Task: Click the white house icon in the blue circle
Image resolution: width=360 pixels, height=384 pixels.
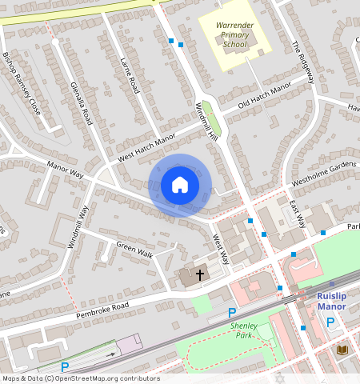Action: pos(180,185)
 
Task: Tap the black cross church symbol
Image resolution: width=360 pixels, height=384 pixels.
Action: pos(199,274)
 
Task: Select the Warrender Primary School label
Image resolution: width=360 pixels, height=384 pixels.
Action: pos(234,35)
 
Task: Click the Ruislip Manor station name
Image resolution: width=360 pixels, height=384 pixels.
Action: pos(331,300)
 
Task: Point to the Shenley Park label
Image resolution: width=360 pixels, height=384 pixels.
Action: pos(244,330)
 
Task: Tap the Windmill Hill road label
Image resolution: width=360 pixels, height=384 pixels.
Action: pos(206,123)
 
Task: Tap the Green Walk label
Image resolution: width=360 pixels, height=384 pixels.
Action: pos(134,250)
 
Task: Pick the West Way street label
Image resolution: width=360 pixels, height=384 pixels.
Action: pos(220,249)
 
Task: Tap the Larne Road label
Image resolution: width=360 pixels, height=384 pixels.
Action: pos(130,76)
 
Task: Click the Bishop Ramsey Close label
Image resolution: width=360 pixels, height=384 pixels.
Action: pos(22,85)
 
